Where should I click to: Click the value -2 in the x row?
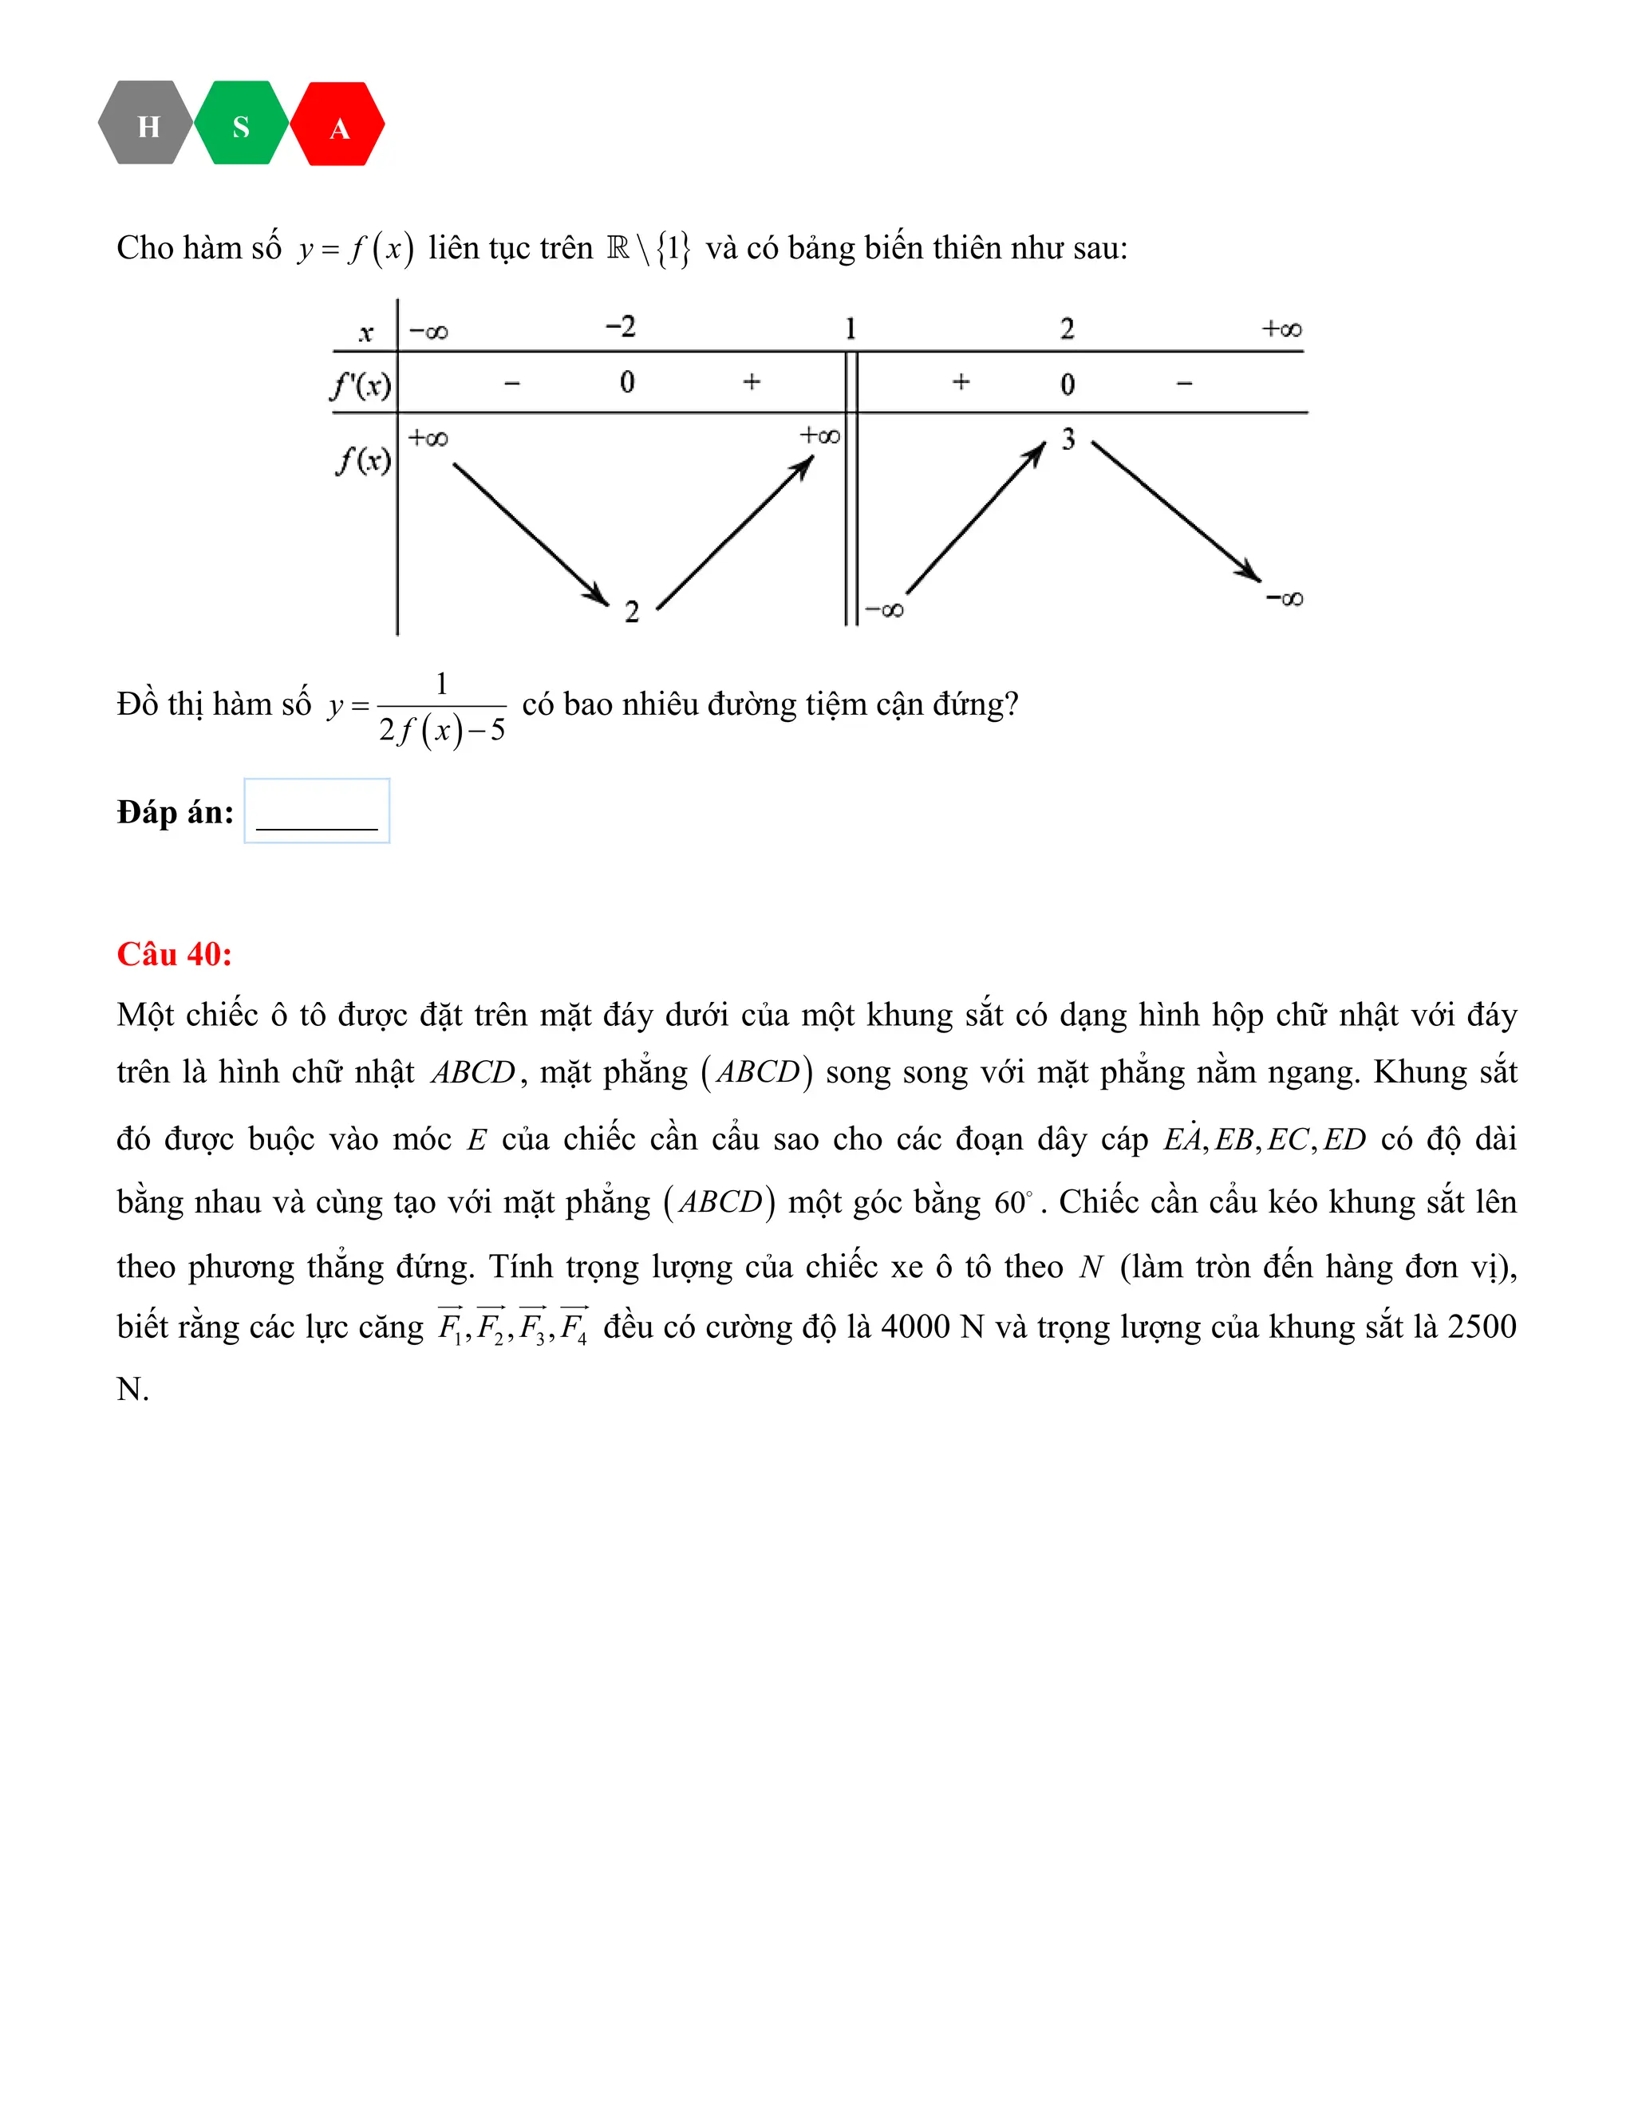tap(621, 327)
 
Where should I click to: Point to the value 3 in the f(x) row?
tap(1068, 440)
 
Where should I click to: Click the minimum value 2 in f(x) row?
tap(631, 612)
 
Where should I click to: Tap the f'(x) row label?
tap(362, 385)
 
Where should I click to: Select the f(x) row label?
tap(363, 459)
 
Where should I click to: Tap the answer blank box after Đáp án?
tap(317, 811)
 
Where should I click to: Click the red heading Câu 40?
tap(174, 954)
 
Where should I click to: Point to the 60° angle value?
tap(1013, 1203)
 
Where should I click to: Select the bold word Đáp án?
tap(176, 812)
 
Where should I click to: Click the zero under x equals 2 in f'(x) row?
tap(1067, 385)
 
